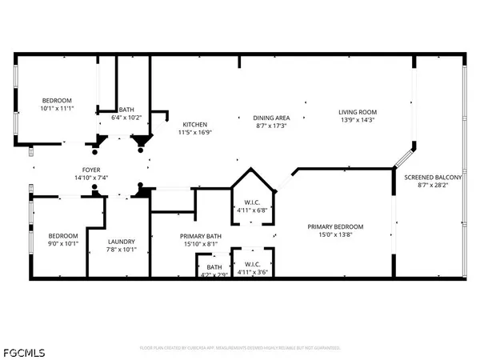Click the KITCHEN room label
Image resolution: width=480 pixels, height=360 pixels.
coord(195,125)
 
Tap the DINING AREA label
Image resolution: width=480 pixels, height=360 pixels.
coord(270,116)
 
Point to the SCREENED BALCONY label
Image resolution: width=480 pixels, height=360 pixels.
coord(433,177)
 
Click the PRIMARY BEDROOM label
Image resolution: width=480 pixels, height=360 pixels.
coord(336,226)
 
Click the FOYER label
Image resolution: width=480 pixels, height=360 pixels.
coord(91,169)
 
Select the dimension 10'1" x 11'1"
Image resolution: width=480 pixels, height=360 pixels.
coord(57,108)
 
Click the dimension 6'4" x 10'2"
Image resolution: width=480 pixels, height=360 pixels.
coord(126,118)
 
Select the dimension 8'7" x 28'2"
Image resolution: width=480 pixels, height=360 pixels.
coord(433,186)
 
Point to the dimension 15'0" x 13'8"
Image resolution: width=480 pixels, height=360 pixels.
coord(336,235)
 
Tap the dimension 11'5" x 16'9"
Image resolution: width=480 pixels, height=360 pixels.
coord(195,134)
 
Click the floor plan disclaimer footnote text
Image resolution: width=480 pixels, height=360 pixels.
coord(240,348)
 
